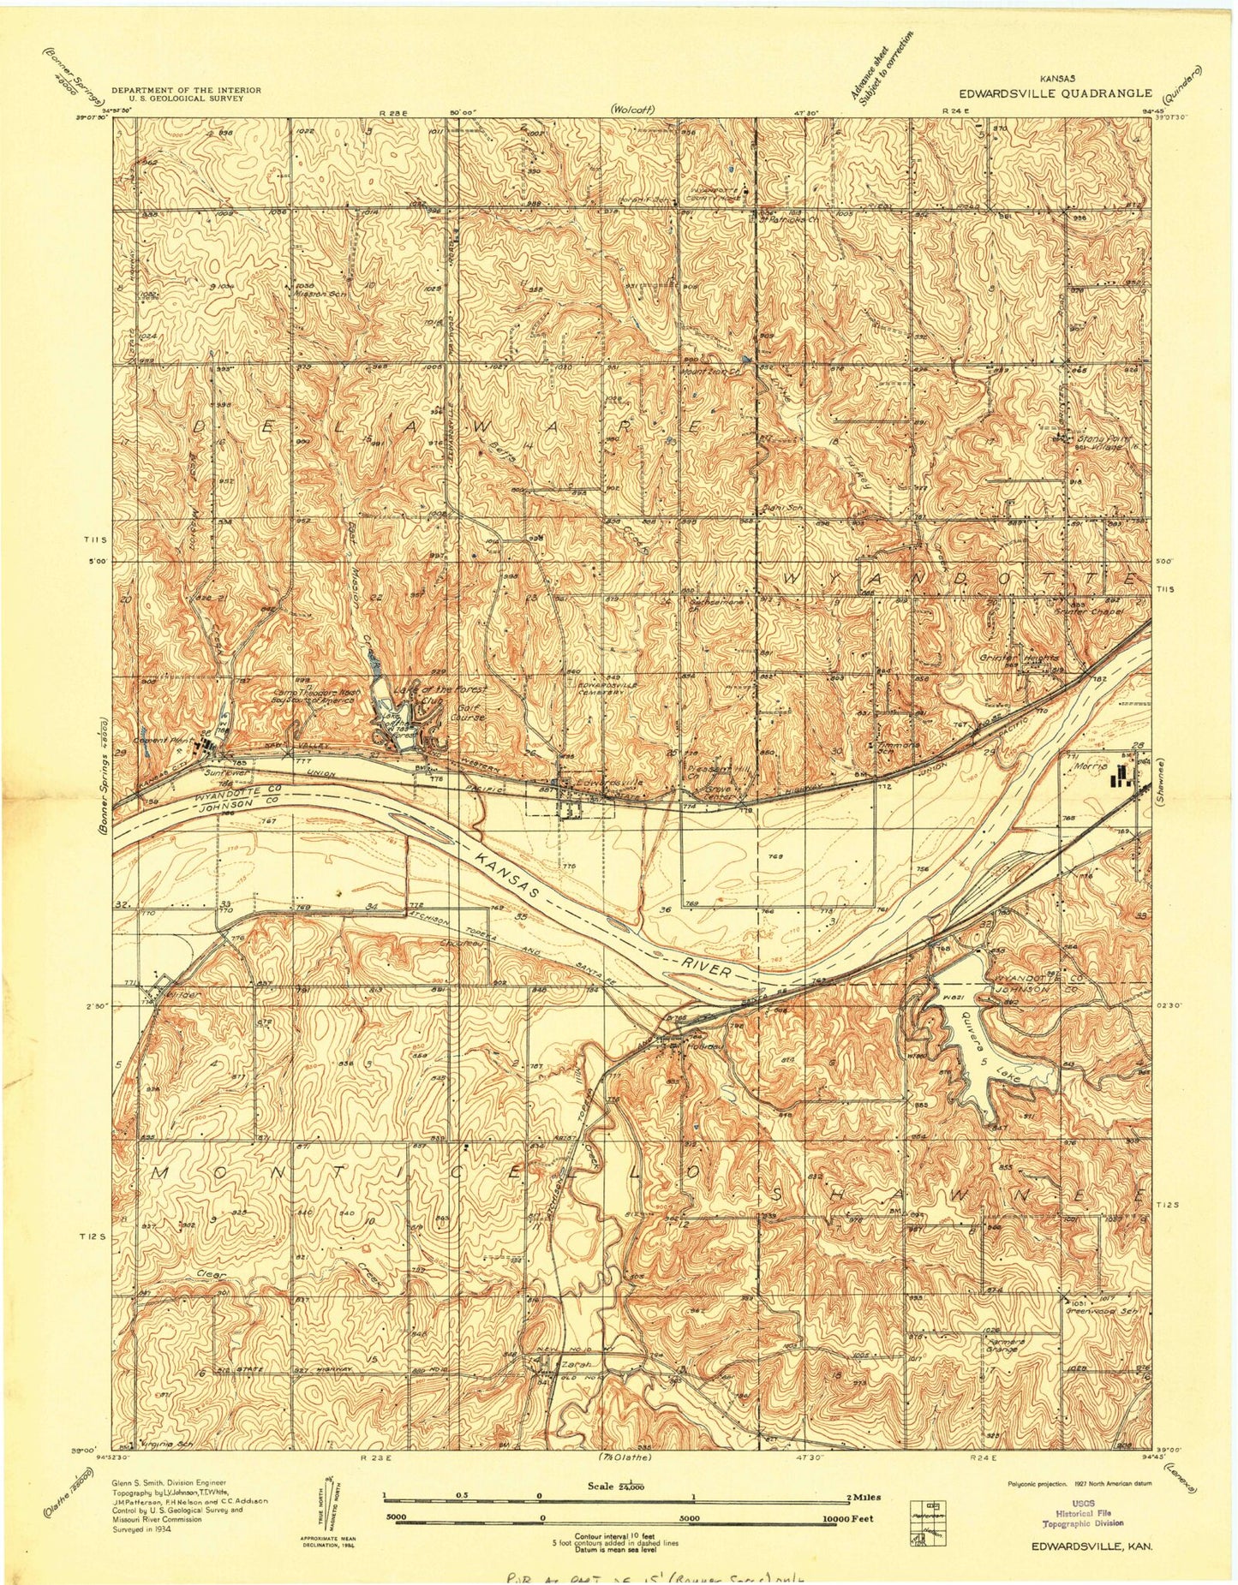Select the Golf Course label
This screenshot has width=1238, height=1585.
pyautogui.click(x=469, y=712)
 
